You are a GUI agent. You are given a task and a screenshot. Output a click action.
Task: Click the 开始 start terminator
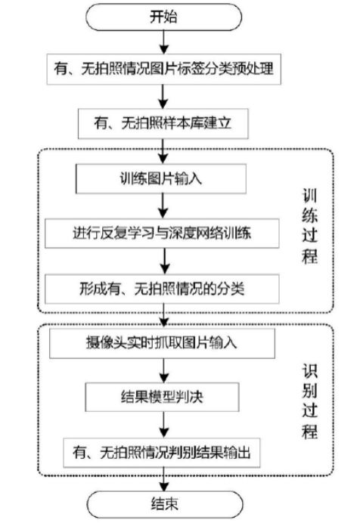[x=163, y=17]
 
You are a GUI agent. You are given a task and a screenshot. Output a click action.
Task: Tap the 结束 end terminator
[x=165, y=505]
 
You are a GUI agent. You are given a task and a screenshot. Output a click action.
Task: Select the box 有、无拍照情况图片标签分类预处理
[x=163, y=69]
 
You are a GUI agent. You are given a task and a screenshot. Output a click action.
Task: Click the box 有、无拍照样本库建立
[x=163, y=123]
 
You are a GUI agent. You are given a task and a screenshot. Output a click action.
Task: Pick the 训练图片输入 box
[x=161, y=178]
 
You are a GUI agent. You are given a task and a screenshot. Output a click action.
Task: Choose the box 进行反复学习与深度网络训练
[x=162, y=233]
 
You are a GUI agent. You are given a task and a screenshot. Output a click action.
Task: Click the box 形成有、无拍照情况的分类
[x=162, y=289]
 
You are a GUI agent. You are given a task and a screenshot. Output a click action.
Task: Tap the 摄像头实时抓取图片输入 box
[x=162, y=343]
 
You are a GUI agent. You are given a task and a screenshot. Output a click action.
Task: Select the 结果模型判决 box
[x=162, y=398]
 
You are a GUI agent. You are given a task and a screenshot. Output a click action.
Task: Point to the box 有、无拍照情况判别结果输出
[x=162, y=453]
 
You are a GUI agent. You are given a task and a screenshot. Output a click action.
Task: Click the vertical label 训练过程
[x=309, y=227]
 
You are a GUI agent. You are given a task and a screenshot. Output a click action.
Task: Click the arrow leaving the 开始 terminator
[x=163, y=42]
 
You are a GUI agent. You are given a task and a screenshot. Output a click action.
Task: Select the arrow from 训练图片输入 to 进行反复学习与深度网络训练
[x=163, y=206]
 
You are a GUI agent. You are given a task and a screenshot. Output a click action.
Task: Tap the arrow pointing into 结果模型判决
[x=163, y=370]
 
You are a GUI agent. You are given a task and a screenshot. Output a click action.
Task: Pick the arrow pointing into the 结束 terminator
[x=164, y=479]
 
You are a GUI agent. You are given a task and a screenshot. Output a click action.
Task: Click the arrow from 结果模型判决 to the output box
[x=163, y=425]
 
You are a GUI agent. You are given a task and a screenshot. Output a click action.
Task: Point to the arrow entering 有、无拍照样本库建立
[x=163, y=96]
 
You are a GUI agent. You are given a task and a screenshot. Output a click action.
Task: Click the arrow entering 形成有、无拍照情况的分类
[x=165, y=261]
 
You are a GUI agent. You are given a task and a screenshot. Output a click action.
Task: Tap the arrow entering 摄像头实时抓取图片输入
[x=163, y=316]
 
